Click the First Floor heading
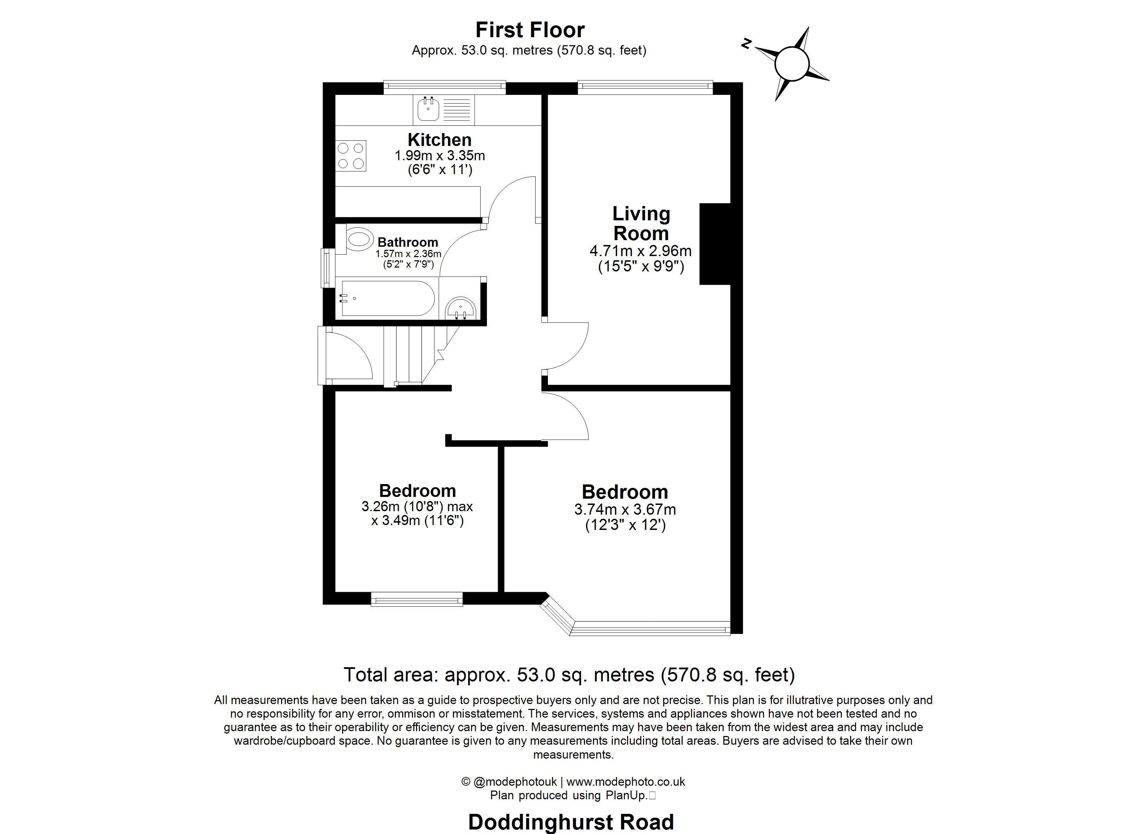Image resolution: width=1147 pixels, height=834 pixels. tap(529, 30)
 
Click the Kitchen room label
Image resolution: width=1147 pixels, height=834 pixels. tap(439, 140)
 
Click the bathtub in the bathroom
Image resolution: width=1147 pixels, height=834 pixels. tap(387, 299)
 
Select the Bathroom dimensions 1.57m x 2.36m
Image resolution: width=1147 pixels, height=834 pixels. tap(408, 254)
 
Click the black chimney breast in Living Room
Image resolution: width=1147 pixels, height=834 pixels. tap(715, 244)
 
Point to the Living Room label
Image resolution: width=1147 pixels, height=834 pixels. tap(641, 223)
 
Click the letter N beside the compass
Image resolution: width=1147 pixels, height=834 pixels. tap(746, 44)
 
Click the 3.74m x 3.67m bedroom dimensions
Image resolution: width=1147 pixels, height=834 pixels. tap(625, 509)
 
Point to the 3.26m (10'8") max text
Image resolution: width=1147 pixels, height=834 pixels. tap(417, 506)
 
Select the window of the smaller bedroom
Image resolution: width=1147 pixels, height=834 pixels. tap(417, 600)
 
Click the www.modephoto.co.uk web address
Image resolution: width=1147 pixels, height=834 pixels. tap(626, 782)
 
